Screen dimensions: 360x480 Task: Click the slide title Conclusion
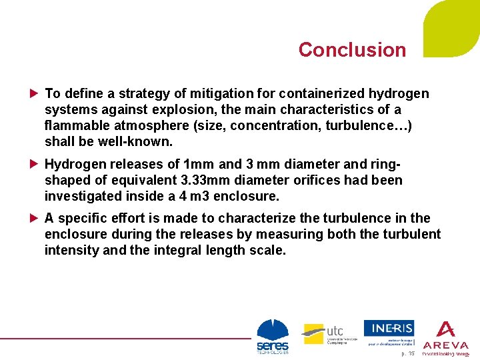[x=352, y=50]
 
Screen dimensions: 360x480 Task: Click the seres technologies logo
[x=273, y=336]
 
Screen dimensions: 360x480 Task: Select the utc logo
[x=323, y=333]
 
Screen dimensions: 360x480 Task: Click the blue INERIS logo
[x=389, y=328]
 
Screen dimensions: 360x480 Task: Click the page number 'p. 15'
[x=407, y=353]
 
